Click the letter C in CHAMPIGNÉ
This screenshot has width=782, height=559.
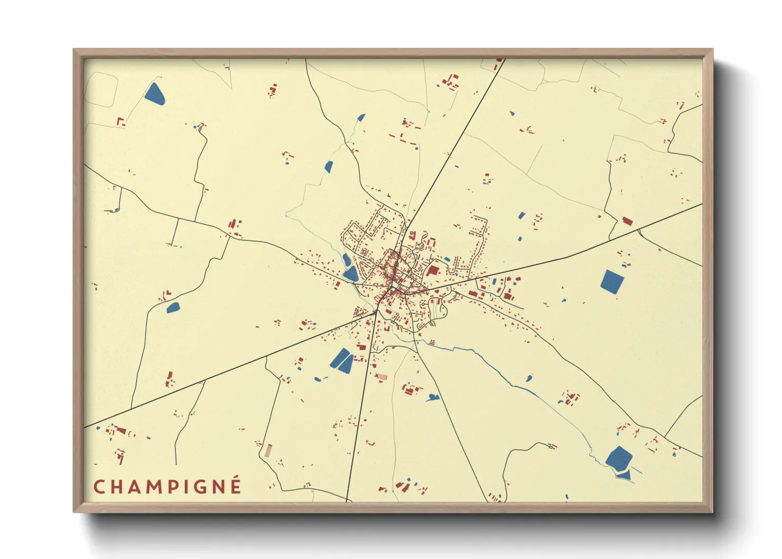pos(99,487)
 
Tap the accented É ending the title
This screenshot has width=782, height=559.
pos(235,486)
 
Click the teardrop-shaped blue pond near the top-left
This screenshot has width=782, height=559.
pos(154,93)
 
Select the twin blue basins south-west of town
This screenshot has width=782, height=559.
pos(342,360)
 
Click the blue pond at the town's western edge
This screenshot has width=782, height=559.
pos(349,273)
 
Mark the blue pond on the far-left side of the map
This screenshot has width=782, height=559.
pos(173,307)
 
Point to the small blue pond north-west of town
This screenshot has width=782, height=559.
pos(329,167)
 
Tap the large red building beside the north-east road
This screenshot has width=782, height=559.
pos(628,221)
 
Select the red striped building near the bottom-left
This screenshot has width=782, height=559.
pos(268,451)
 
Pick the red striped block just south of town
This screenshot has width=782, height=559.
pos(381,377)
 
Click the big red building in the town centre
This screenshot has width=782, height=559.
pos(433,271)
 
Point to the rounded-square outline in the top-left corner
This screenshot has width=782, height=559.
pos(101,89)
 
